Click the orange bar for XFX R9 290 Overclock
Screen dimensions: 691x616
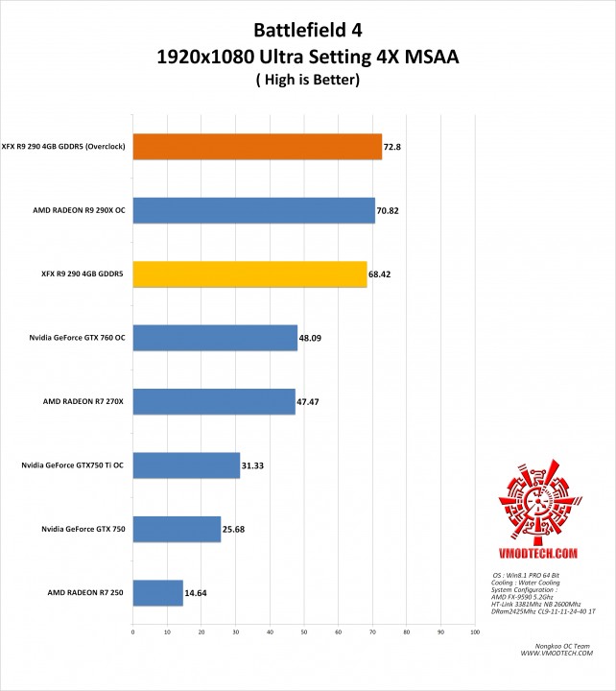pyautogui.click(x=257, y=146)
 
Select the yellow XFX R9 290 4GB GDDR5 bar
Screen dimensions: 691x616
pyautogui.click(x=249, y=274)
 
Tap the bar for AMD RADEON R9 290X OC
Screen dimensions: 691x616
pyautogui.click(x=253, y=210)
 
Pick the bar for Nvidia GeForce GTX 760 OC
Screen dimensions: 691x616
pyautogui.click(x=215, y=338)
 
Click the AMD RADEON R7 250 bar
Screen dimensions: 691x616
pyautogui.click(x=157, y=592)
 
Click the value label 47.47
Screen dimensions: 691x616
pyautogui.click(x=309, y=401)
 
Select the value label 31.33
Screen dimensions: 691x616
pyautogui.click(x=254, y=465)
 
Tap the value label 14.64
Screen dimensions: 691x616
pyautogui.click(x=196, y=592)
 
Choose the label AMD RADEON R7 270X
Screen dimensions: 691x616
pyautogui.click(x=83, y=401)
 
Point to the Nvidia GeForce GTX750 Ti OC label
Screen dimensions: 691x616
pyautogui.click(x=73, y=465)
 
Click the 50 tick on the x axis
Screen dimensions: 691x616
pyautogui.click(x=303, y=631)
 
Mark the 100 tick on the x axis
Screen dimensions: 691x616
pyautogui.click(x=474, y=631)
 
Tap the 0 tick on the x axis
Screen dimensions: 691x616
pyautogui.click(x=132, y=631)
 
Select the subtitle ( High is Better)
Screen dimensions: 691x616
pyautogui.click(x=308, y=81)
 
